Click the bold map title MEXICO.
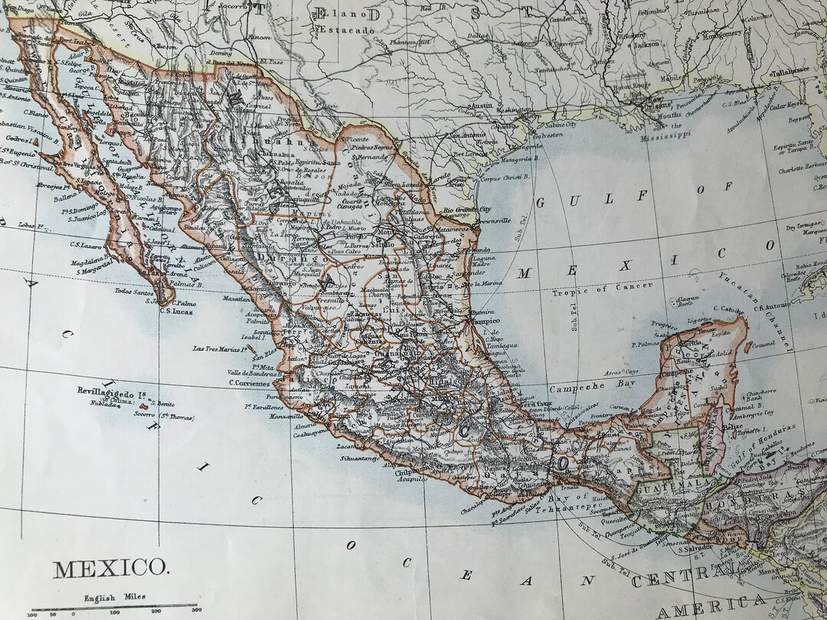click(x=110, y=569)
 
